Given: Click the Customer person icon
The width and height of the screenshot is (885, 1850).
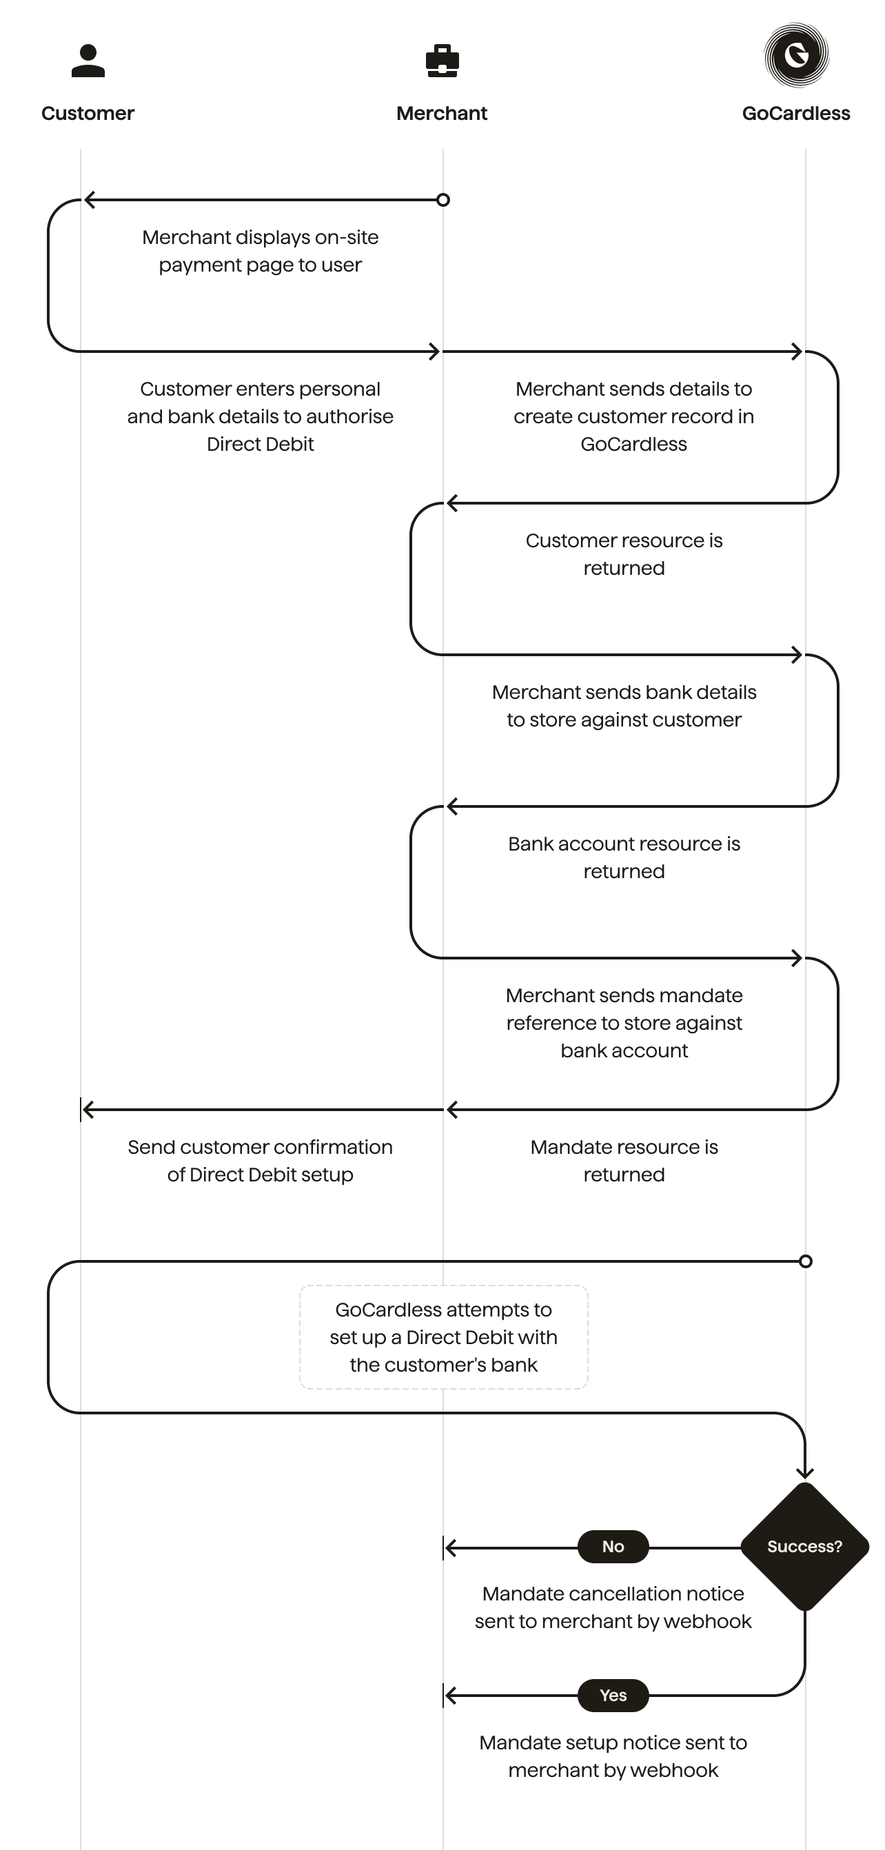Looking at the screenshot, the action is point(88,61).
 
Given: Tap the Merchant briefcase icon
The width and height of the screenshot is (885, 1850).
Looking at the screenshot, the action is point(443,61).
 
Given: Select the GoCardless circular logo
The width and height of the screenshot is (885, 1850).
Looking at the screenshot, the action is point(796,54).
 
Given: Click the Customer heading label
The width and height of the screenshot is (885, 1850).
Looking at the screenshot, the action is point(88,114).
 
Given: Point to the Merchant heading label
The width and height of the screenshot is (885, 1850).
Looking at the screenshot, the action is point(442,114).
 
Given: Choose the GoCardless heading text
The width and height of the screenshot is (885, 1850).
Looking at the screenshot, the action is point(796,114).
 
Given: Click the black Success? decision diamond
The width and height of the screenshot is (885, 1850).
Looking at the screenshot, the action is point(804,1546).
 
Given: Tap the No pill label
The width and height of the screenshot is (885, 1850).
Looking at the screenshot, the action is point(613,1546).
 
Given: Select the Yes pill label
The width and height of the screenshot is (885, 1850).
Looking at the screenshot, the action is point(613,1695).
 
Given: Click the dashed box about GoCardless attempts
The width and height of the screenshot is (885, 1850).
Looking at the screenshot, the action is point(443,1336).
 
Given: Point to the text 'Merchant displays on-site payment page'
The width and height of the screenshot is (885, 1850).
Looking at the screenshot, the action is point(260,251).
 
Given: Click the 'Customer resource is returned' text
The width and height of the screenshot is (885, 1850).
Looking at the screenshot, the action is point(624,553).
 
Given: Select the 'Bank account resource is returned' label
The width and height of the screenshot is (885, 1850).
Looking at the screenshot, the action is point(624,857).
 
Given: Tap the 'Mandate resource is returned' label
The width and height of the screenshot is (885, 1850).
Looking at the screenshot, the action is point(624,1161).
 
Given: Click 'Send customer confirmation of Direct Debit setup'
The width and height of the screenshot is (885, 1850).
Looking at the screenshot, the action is point(260,1161).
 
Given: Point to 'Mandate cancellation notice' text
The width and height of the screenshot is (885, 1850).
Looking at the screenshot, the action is point(613,1594).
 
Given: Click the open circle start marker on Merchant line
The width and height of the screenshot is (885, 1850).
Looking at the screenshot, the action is point(443,200).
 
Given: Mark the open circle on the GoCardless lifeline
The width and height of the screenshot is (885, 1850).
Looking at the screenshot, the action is point(805,1261).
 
